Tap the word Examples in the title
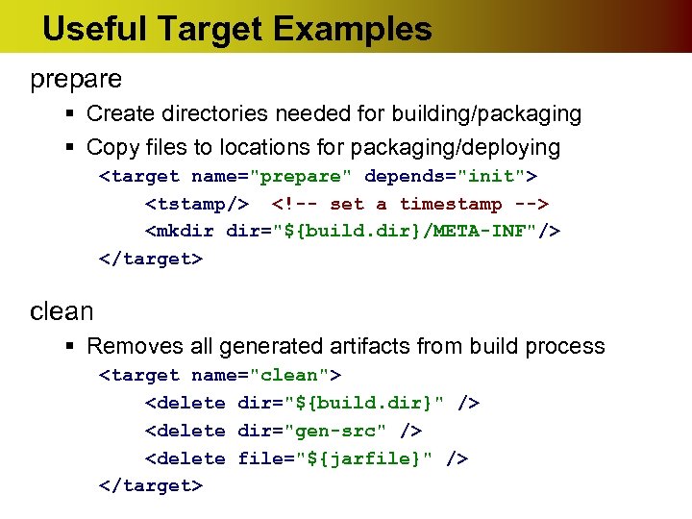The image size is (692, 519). coord(352,29)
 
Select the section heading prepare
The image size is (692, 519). coord(76,79)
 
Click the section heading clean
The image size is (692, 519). coord(62,311)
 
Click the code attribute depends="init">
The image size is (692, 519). coord(451,177)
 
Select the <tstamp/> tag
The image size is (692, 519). coord(196,204)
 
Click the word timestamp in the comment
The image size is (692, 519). coord(451,204)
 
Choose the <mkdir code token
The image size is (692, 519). coord(180,232)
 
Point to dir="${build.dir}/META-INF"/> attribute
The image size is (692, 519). coord(394,232)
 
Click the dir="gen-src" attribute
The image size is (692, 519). coord(316,431)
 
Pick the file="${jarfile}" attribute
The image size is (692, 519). coord(338,458)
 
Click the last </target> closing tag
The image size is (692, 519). coord(151,485)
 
